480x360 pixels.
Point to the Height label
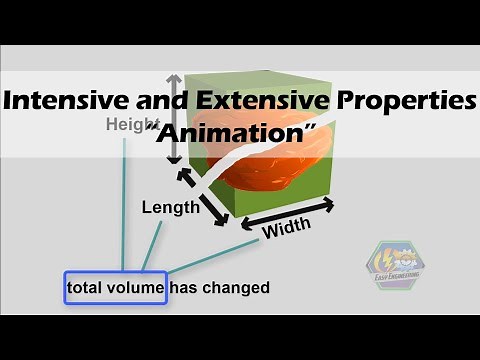[x=127, y=125]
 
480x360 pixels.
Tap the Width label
[x=286, y=228]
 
